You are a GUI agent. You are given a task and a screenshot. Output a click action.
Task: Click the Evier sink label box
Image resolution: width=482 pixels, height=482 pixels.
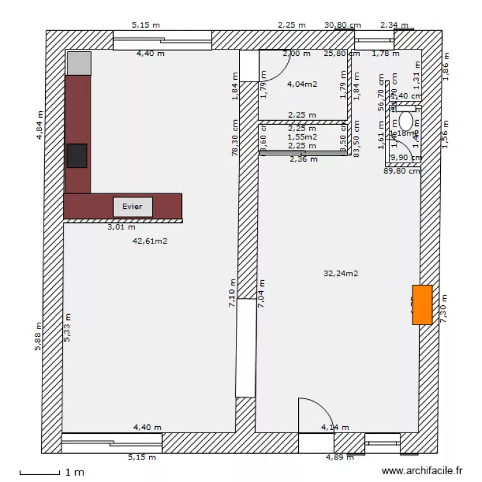point(133,207)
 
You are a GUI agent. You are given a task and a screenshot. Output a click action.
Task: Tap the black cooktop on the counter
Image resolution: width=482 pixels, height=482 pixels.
point(76,156)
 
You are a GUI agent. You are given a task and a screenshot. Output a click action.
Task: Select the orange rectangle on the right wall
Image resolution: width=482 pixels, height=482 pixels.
point(422,305)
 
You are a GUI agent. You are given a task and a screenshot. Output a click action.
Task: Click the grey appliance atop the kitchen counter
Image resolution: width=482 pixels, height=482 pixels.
point(79,63)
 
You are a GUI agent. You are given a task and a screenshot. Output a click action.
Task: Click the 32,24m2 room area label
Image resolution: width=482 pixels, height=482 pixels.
point(341,273)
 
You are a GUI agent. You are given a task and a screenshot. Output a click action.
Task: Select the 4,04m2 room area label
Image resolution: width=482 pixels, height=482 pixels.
point(302,84)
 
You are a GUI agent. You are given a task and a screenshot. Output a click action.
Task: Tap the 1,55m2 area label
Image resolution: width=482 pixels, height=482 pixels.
point(302,136)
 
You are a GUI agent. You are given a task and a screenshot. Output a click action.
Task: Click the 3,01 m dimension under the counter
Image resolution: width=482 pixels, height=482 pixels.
point(121,227)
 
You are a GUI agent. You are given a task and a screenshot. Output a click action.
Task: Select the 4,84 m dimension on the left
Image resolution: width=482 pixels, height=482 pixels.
point(39,125)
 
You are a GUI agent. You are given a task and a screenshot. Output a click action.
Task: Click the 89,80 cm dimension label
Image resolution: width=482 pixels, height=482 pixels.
point(402,171)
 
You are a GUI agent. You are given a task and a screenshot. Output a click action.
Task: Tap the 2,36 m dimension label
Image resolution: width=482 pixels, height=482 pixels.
point(303,159)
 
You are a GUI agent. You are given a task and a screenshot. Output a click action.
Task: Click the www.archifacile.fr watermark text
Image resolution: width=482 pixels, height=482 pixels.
point(422,471)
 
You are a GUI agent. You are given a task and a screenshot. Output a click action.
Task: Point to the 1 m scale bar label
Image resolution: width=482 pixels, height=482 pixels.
point(75,472)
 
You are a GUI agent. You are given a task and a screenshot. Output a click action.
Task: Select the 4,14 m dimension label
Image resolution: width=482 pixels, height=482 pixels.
point(335,427)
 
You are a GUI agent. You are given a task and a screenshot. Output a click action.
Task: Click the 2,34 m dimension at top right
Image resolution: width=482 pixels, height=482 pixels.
point(394,25)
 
